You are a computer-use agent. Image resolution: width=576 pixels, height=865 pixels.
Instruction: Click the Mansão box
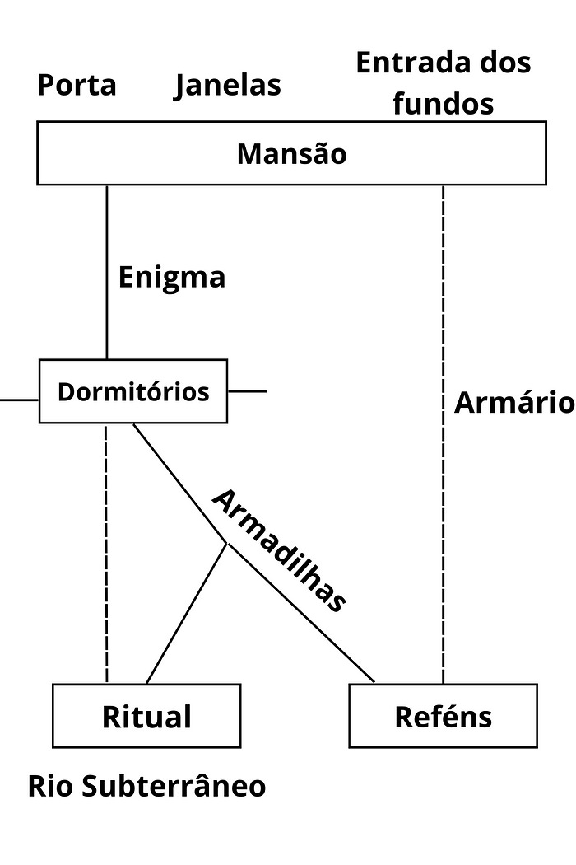pyautogui.click(x=291, y=153)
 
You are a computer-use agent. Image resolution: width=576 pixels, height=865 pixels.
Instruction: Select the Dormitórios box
pyautogui.click(x=133, y=391)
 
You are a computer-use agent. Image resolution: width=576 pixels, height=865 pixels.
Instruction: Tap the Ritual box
pyautogui.click(x=146, y=716)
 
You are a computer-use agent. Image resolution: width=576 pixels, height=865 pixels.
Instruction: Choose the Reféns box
pyautogui.click(x=443, y=716)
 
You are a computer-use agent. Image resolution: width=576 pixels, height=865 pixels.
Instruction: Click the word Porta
pyautogui.click(x=77, y=85)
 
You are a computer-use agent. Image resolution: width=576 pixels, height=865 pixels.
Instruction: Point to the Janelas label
pyautogui.click(x=227, y=85)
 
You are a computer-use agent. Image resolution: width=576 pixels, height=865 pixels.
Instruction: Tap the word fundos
pyautogui.click(x=443, y=104)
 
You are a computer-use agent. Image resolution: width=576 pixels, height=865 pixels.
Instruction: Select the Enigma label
pyautogui.click(x=171, y=277)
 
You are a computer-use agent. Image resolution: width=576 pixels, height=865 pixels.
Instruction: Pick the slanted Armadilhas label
pyautogui.click(x=277, y=550)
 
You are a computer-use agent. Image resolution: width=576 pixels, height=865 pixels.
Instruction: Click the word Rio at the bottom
pyautogui.click(x=51, y=786)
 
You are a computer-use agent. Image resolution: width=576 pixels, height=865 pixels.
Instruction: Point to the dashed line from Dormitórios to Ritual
pyautogui.click(x=107, y=552)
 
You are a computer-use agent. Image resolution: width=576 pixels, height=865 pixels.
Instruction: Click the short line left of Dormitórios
pyautogui.click(x=18, y=400)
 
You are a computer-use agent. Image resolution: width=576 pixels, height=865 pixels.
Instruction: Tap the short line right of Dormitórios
pyautogui.click(x=247, y=390)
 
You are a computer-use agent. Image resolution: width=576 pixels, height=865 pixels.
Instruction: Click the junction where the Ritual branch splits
pyautogui.click(x=227, y=544)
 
